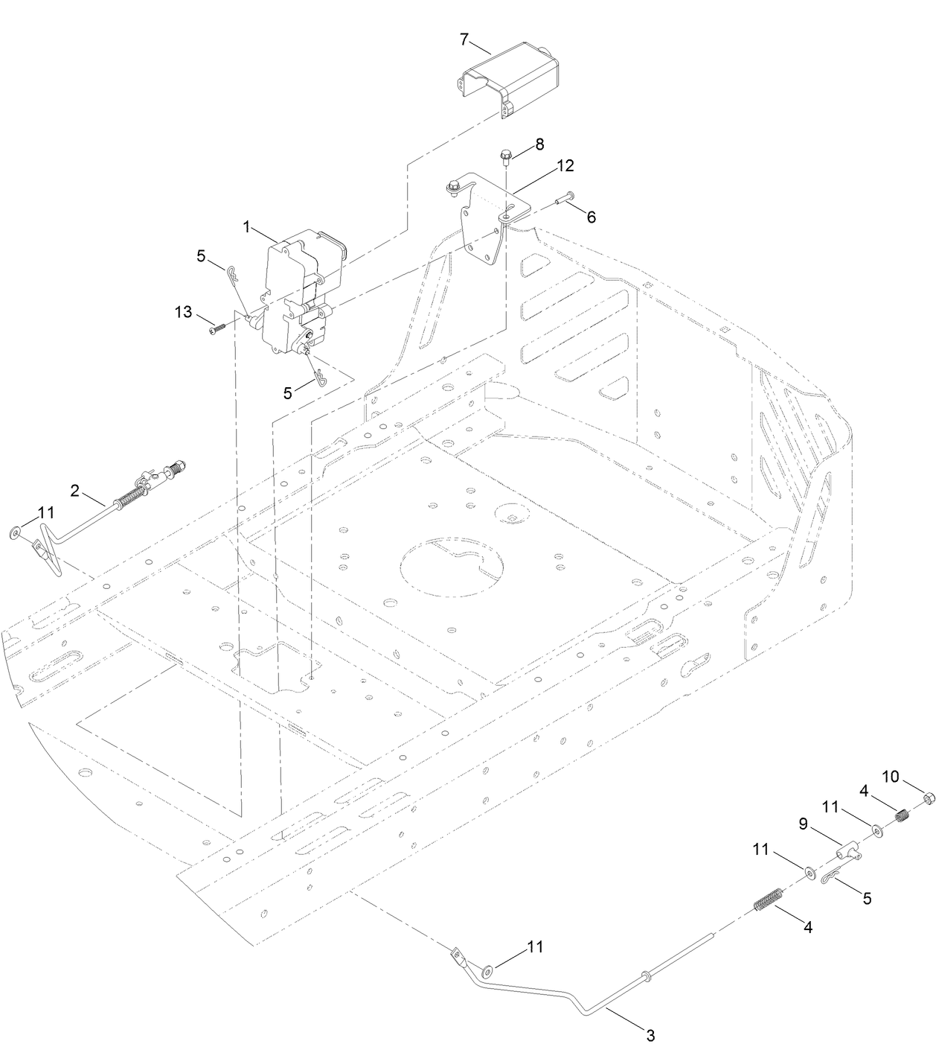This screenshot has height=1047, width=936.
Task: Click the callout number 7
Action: pyautogui.click(x=465, y=38)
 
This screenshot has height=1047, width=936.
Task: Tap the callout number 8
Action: pyautogui.click(x=539, y=144)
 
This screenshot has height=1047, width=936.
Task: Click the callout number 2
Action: pyautogui.click(x=75, y=489)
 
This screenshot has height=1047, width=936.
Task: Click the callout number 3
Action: pyautogui.click(x=650, y=1034)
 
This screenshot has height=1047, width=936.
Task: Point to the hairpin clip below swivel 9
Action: pyautogui.click(x=833, y=879)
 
